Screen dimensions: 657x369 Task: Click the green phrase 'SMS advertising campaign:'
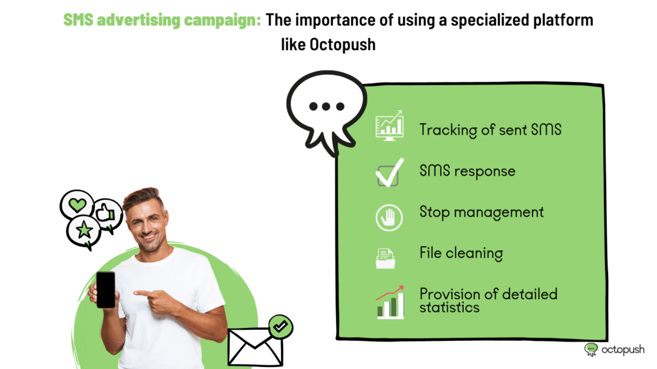162,20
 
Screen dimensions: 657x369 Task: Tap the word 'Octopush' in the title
343,44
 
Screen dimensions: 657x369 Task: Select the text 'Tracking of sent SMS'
490,129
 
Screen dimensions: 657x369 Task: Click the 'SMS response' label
467,171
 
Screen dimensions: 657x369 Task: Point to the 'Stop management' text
481,212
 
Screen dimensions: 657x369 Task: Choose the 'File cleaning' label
461,253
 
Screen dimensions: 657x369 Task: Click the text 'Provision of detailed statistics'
488,300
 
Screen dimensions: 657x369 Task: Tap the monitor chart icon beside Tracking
389,126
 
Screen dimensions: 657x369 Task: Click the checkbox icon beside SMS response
389,172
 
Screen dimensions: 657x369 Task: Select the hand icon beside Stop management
389,218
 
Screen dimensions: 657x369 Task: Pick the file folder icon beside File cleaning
386,258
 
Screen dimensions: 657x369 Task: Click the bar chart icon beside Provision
390,302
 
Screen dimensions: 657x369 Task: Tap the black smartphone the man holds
106,290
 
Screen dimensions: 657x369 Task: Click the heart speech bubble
77,204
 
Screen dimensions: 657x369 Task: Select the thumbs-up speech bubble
107,214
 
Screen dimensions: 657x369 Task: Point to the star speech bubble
84,231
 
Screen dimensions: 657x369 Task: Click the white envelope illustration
255,346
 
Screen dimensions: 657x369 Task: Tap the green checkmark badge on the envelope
281,326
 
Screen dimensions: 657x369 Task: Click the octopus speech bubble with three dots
327,111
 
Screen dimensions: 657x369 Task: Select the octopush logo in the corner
614,349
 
